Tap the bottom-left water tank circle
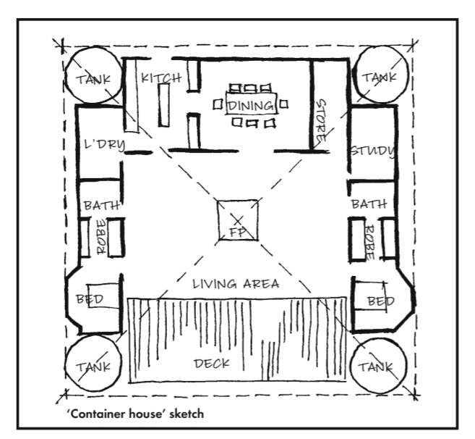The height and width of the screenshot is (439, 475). point(92,365)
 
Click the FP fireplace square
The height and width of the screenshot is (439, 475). point(237,222)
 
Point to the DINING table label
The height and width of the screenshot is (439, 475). point(252,106)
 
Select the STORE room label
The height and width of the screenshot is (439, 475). point(321,120)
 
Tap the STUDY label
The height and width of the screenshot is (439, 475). point(372,151)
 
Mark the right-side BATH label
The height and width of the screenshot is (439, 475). point(368,204)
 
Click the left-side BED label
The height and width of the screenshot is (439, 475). point(90,298)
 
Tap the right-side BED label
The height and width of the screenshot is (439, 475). point(380,300)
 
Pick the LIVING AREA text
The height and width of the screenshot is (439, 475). point(236,284)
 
